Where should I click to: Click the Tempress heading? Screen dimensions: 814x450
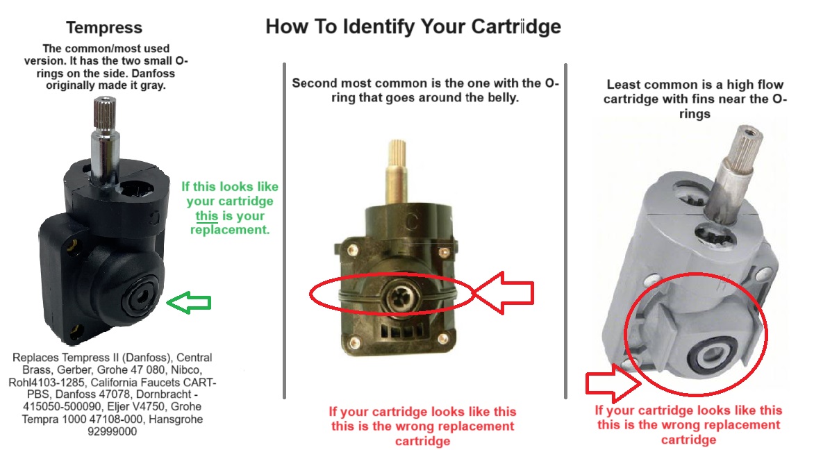click(103, 28)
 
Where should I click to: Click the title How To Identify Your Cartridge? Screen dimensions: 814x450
click(413, 26)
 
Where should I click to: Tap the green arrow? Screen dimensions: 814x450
click(189, 302)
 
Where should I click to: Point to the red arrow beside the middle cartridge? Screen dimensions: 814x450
click(504, 293)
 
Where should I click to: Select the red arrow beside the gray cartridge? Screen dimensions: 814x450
click(613, 383)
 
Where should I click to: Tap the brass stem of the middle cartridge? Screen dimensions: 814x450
click(397, 172)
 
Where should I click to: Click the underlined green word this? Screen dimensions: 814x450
click(206, 216)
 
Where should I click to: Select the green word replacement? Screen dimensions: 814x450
click(230, 230)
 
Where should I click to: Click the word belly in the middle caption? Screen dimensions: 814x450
click(503, 97)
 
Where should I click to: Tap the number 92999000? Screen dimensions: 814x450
click(112, 431)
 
